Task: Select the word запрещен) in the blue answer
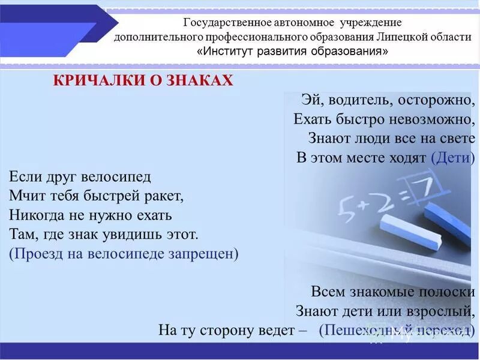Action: click(x=204, y=253)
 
